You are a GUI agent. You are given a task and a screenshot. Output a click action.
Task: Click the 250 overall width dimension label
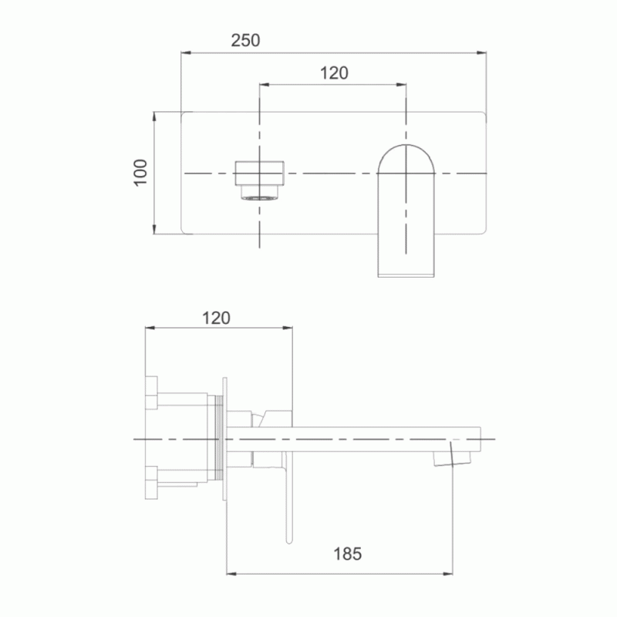(x=245, y=40)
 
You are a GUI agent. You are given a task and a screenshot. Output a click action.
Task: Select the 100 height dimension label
(x=140, y=173)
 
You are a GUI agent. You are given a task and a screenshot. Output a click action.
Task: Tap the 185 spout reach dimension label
(x=348, y=554)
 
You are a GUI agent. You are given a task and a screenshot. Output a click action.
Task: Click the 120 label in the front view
(x=334, y=73)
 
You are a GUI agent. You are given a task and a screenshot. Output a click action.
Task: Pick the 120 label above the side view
(x=216, y=318)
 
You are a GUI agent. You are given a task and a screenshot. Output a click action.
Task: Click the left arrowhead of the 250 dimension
(x=186, y=52)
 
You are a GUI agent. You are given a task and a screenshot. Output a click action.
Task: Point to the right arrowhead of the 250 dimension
(x=481, y=52)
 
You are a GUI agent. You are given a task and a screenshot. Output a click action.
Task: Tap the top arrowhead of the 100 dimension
(x=154, y=117)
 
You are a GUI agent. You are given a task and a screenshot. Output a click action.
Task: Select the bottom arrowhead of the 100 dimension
(x=154, y=229)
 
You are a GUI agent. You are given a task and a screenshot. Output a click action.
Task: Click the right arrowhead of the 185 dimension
(x=448, y=574)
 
